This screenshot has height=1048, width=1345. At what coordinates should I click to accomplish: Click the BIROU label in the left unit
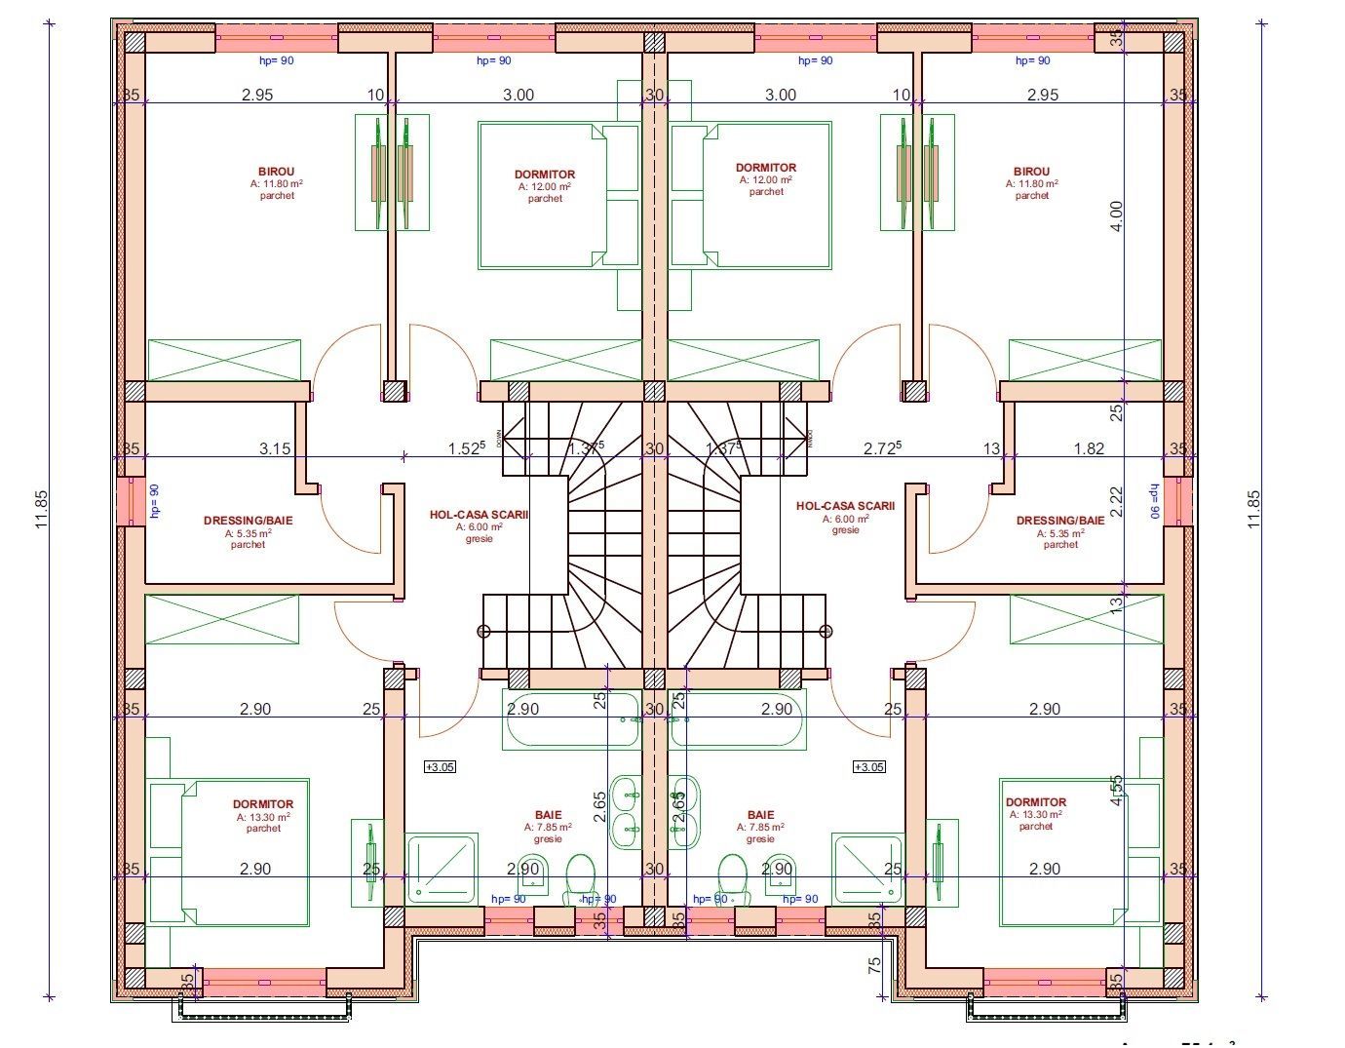pyautogui.click(x=276, y=172)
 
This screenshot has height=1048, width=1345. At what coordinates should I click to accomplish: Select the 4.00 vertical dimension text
pyautogui.click(x=1117, y=214)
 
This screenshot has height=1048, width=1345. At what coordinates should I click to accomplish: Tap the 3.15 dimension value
pyautogui.click(x=275, y=448)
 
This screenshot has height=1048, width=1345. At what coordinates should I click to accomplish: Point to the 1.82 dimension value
pyautogui.click(x=1089, y=448)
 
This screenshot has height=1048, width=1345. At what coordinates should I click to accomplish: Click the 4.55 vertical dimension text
pyautogui.click(x=1117, y=790)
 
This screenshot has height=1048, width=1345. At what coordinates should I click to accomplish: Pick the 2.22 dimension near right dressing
pyautogui.click(x=1117, y=502)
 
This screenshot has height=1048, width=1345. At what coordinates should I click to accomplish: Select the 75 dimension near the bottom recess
pyautogui.click(x=874, y=965)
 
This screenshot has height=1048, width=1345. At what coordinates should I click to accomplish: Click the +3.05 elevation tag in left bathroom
pyautogui.click(x=440, y=767)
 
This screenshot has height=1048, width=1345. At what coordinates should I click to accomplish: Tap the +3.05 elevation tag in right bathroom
pyautogui.click(x=868, y=767)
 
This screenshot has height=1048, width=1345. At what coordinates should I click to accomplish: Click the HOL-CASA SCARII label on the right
pyautogui.click(x=845, y=506)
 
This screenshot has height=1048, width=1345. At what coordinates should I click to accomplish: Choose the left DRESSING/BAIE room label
pyautogui.click(x=248, y=521)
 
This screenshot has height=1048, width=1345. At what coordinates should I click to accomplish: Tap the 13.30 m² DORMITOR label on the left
pyautogui.click(x=263, y=805)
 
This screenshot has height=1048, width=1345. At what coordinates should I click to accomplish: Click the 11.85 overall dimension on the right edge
pyautogui.click(x=1253, y=508)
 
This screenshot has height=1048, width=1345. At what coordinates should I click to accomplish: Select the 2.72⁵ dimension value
pyautogui.click(x=882, y=448)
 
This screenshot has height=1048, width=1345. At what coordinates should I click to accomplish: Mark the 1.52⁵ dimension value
pyautogui.click(x=466, y=448)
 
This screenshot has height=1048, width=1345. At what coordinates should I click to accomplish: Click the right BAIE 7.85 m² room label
pyautogui.click(x=760, y=815)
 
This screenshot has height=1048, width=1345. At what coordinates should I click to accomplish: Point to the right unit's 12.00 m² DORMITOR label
pyautogui.click(x=766, y=168)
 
